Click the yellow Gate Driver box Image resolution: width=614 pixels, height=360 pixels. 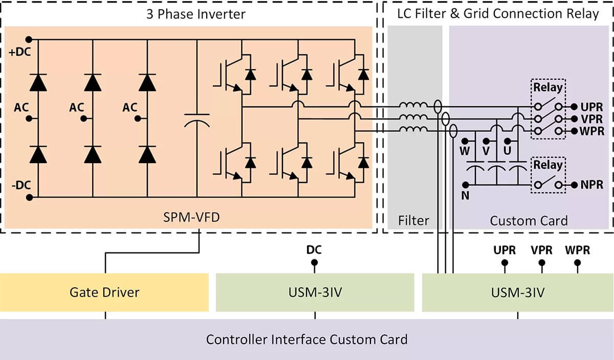coord(104,292)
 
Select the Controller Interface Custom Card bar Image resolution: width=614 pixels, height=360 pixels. coord(307,340)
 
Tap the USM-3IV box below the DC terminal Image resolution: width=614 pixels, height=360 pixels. coord(315,292)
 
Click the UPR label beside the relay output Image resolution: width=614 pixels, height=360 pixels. coord(591,107)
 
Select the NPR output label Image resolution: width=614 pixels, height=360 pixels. coord(591,185)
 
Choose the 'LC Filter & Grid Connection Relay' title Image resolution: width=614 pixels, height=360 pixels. coord(498,14)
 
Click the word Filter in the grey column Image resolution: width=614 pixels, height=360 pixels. coord(414,221)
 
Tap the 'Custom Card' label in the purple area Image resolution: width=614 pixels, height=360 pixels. coord(529,221)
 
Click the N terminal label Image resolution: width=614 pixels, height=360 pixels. coord(465,195)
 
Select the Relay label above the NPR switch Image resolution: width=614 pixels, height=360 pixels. coord(548,165)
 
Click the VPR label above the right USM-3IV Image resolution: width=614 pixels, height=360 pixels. coord(541,251)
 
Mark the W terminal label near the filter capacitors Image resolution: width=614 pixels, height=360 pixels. coord(465,152)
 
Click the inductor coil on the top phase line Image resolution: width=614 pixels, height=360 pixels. coord(413,106)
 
